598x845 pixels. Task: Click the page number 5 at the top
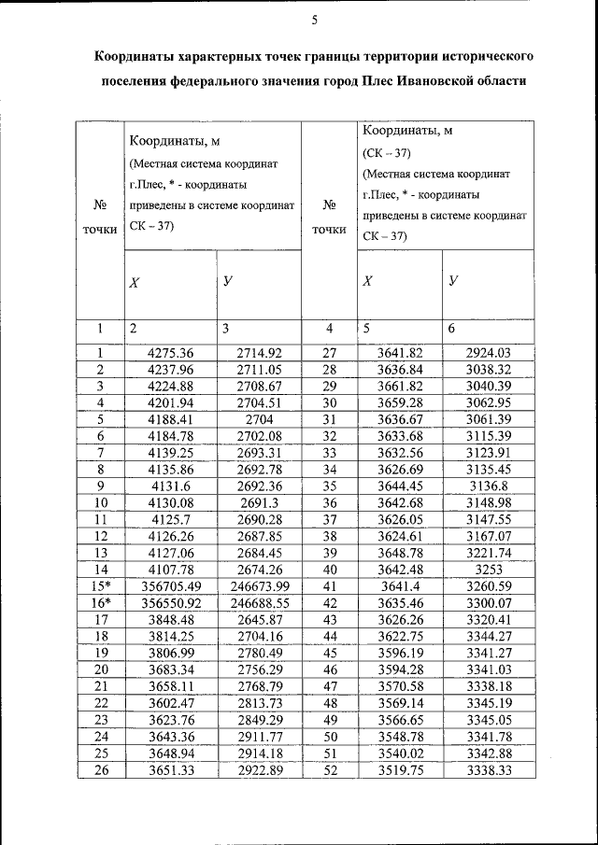(315, 21)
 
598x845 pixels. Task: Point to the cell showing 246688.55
(258, 602)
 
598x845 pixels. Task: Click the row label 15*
(99, 585)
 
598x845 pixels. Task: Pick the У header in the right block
(454, 280)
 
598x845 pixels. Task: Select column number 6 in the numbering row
(453, 329)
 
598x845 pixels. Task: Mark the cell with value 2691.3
(258, 502)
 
